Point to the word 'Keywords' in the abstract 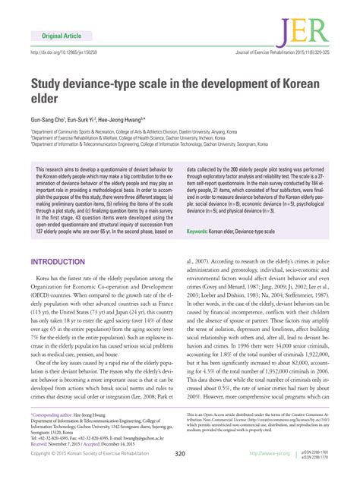[200, 231]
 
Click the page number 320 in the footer [180, 454]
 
